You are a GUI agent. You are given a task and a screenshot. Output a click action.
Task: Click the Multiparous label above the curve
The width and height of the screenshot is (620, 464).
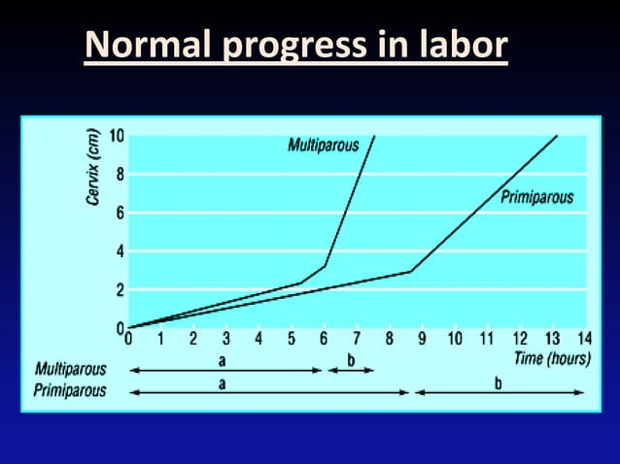click(324, 146)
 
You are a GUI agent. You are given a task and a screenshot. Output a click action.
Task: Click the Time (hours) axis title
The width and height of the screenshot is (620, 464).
click(553, 358)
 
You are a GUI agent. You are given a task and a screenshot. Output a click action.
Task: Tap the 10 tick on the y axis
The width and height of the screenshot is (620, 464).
click(117, 136)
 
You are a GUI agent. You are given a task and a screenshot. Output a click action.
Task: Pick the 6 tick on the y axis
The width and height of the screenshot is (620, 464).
click(119, 213)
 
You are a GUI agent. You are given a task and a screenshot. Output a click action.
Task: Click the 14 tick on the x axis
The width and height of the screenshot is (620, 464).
click(583, 339)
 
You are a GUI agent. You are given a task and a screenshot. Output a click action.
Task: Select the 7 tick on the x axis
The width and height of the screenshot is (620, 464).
click(356, 339)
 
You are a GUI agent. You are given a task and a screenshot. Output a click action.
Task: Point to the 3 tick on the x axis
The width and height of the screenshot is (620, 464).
click(225, 339)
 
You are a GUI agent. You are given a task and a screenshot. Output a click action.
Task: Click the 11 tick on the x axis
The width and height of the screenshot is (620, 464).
click(486, 339)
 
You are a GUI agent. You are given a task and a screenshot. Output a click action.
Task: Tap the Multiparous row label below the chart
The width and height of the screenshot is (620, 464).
click(71, 371)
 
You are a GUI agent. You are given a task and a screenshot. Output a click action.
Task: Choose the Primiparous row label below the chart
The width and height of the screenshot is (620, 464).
click(71, 390)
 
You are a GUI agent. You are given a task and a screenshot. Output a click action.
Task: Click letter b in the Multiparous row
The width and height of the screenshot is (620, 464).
click(351, 360)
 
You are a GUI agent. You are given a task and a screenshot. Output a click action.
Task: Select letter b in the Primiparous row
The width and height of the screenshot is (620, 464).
click(499, 382)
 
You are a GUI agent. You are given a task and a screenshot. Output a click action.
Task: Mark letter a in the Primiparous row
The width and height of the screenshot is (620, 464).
click(223, 382)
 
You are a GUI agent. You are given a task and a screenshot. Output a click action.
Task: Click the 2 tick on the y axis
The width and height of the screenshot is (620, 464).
click(119, 289)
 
